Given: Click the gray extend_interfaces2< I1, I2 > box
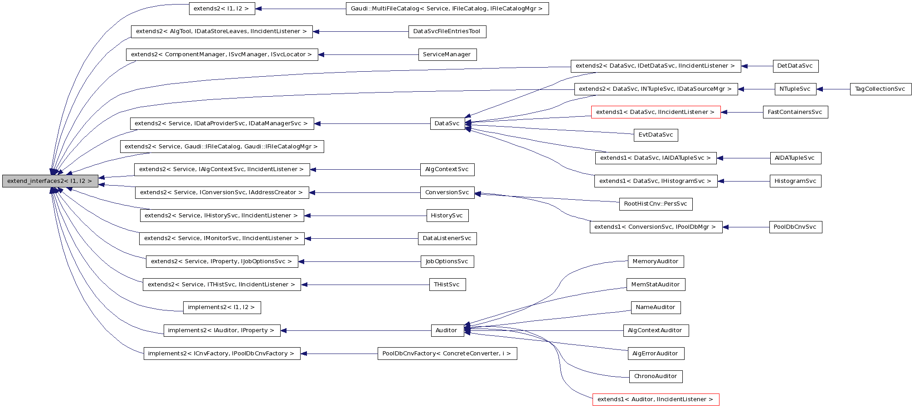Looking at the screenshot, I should tap(50, 181).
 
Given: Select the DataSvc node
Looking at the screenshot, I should tap(447, 123).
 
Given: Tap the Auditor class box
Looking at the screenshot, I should tap(447, 330).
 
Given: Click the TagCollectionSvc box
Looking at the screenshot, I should tap(880, 89).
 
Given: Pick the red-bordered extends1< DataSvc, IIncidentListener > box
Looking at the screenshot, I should tap(655, 112).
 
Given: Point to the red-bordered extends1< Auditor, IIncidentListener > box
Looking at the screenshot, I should tap(655, 399).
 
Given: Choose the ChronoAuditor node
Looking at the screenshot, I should tap(655, 376).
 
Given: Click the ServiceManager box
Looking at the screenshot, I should tap(447, 54).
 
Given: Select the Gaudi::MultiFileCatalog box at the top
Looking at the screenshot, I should tap(447, 9).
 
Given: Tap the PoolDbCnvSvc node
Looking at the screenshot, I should tap(795, 227).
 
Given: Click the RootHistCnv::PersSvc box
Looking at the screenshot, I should tap(655, 204).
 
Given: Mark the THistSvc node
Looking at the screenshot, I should tap(447, 285).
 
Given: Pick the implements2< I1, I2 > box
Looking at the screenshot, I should tap(221, 307).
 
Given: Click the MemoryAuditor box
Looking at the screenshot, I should tap(655, 261).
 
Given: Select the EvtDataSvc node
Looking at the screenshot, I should tap(655, 135).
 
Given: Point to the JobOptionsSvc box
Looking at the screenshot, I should tap(447, 261).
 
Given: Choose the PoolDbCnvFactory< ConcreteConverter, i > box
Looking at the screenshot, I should tap(447, 354).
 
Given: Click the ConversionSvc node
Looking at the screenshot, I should tap(447, 192).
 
